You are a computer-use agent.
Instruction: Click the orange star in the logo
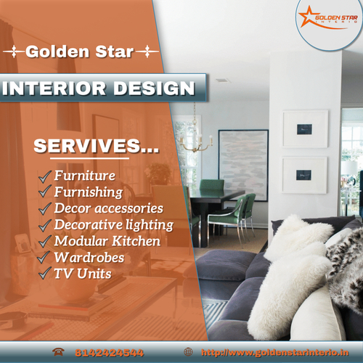pos(306,17)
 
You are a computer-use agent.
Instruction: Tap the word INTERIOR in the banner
pos(54,88)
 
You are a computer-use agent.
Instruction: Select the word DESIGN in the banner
pos(154,88)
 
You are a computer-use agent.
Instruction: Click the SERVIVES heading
pos(97,146)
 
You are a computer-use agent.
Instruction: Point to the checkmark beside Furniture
pos(45,176)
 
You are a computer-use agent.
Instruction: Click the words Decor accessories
pos(109,208)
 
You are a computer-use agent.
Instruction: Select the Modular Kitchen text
pos(107,241)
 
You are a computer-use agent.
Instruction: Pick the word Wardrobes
pos(89,257)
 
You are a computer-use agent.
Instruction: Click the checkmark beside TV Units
pos(45,273)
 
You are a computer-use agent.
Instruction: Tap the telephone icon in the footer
pos(58,351)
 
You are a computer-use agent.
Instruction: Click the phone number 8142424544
pos(110,353)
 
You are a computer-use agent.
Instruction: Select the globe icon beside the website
pos(188,352)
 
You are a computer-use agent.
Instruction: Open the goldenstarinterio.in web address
pos(275,353)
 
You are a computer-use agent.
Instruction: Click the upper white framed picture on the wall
pos(305,129)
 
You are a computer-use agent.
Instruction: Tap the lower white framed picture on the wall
pos(305,175)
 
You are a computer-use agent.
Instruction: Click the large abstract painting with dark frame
pos(243,166)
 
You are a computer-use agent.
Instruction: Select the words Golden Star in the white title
pos(80,52)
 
